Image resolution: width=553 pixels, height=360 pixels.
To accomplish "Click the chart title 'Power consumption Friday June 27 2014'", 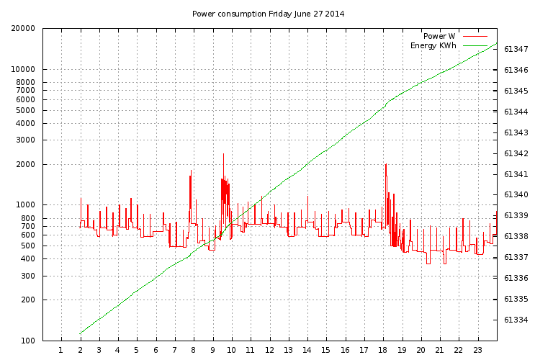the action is point(268,14).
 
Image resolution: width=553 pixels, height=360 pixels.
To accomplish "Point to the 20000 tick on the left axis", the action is point(23,29).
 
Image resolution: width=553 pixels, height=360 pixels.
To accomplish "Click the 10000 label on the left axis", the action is point(23,69).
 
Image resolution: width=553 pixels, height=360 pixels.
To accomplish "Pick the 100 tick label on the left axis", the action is point(28,341).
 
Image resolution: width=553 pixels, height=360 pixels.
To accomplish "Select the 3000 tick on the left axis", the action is point(26,140).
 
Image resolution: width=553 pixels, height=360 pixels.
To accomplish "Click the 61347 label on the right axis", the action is point(516,49).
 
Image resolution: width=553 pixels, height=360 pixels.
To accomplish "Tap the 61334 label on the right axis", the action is point(516,320).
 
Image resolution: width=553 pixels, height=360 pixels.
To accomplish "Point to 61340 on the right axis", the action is point(516,194).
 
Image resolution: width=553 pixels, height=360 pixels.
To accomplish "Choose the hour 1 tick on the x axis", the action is point(61,350).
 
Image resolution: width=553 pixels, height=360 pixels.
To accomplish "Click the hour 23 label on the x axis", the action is point(477,350).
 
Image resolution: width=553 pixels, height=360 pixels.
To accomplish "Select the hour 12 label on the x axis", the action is point(269,350).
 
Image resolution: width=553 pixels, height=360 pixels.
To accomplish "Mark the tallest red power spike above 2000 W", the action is point(223,154).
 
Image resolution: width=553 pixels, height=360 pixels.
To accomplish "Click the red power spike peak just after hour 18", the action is point(386,164).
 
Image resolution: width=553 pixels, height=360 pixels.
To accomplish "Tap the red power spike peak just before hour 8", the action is point(191,171).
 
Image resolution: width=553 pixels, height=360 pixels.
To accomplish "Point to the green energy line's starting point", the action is point(80,333).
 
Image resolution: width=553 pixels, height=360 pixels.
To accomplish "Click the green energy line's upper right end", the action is point(497,43).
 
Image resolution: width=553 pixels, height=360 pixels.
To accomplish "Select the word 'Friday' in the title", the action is point(280,14).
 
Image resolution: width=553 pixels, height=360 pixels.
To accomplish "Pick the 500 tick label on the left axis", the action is point(28,246).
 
